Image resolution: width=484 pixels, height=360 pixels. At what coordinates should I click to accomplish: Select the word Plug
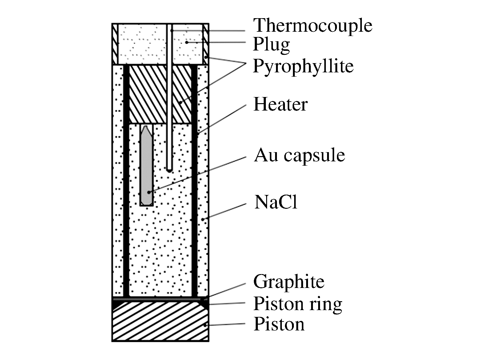click(x=271, y=45)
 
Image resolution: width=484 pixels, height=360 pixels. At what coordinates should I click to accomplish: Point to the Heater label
click(x=280, y=104)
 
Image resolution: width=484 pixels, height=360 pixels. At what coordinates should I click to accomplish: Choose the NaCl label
click(x=276, y=202)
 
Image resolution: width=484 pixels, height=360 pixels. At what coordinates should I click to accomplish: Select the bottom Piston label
click(x=279, y=324)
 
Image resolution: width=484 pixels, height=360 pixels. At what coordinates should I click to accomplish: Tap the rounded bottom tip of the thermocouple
click(x=169, y=171)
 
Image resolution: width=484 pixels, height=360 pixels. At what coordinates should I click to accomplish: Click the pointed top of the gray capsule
click(x=146, y=127)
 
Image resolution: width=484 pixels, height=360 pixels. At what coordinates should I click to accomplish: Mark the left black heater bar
click(x=126, y=181)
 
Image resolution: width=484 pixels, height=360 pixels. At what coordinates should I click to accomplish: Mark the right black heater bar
click(x=194, y=181)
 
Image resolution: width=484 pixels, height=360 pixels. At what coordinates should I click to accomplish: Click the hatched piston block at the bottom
click(x=160, y=322)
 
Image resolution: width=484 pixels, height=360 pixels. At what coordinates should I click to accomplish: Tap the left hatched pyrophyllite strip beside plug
click(x=115, y=44)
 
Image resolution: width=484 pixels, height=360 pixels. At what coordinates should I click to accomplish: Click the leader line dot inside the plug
click(x=187, y=42)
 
